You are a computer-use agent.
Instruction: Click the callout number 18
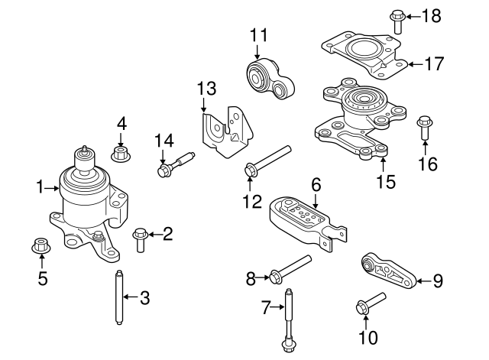[x=432, y=15]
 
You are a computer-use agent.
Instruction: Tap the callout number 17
[x=433, y=64]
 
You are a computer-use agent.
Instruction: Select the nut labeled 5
[x=40, y=246]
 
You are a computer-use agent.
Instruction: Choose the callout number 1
[x=40, y=186]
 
